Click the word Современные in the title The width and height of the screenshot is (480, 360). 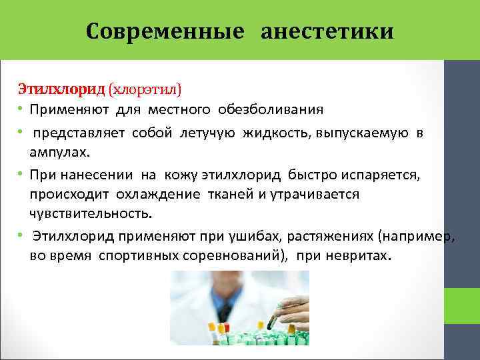pos(167,31)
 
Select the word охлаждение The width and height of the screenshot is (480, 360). pos(162,194)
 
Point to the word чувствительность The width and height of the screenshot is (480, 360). pos(90,214)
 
